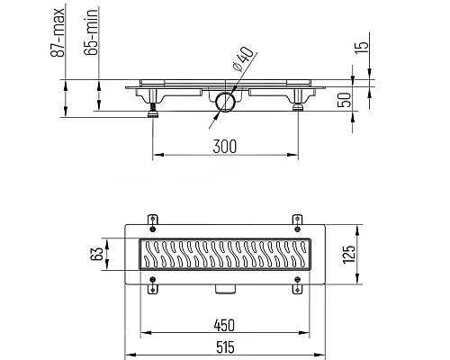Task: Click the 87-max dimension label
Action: pos(57,32)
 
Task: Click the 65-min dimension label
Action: pos(91,32)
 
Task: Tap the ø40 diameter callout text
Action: pos(243,59)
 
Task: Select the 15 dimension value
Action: pos(362,47)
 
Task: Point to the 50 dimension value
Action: pos(344,100)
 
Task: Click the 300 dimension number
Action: pos(224,147)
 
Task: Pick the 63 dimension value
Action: pos(97,254)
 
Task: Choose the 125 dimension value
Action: pos(349,255)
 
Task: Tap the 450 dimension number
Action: pos(224,326)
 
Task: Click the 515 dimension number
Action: pos(225,347)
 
